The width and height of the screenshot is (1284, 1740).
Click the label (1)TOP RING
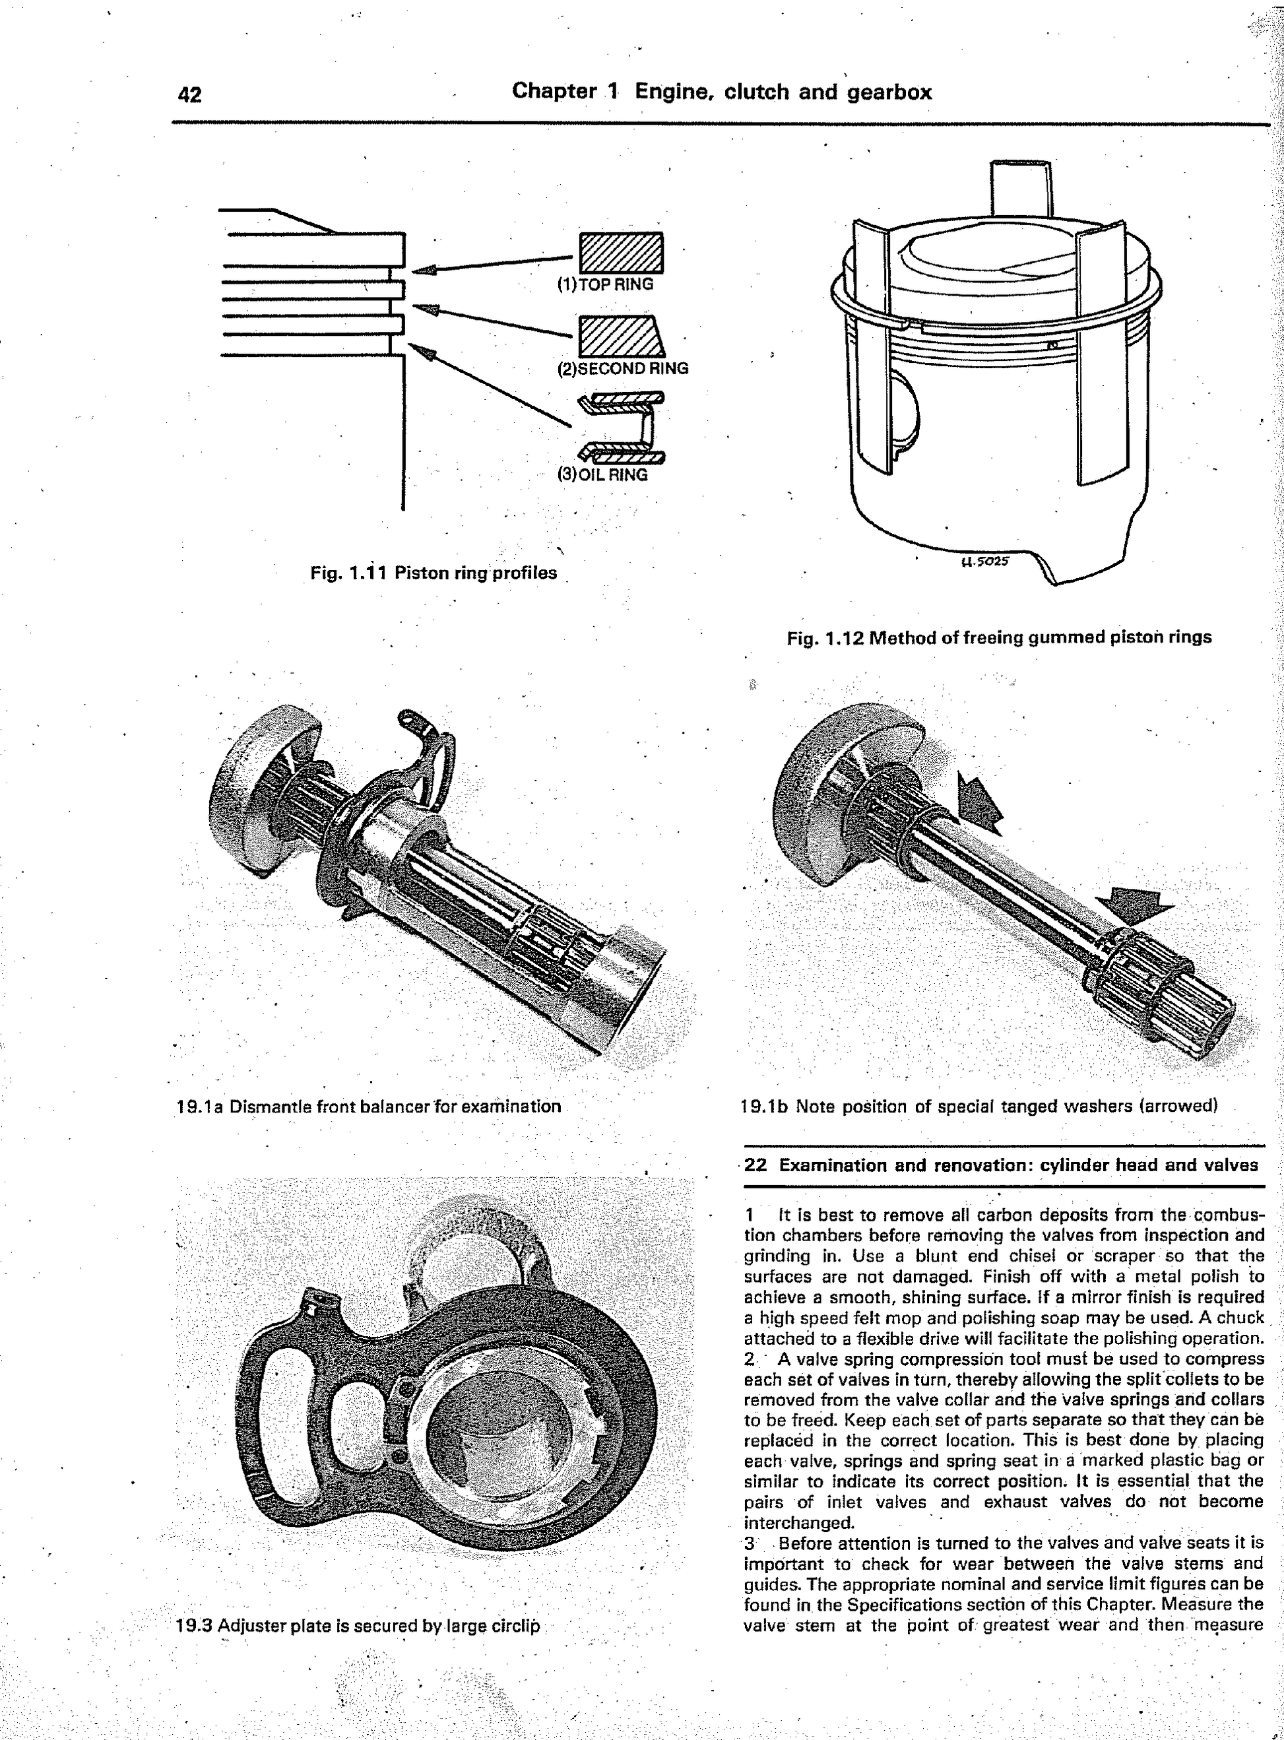click(x=604, y=284)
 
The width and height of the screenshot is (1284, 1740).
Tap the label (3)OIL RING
click(x=602, y=475)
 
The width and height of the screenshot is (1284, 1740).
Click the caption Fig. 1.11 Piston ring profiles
click(x=433, y=573)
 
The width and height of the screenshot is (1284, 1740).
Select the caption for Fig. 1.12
click(x=999, y=638)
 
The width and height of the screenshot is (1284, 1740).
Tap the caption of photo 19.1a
click(x=369, y=1106)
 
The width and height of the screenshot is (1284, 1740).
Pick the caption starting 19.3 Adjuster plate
click(x=358, y=1626)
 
